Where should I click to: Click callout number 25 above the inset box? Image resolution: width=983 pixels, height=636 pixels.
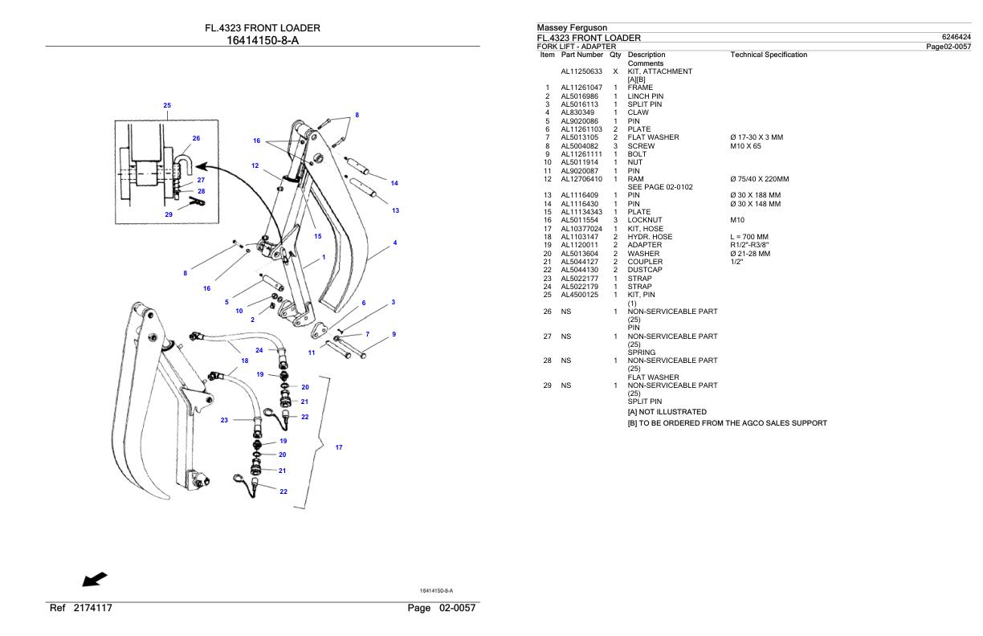coord(167,105)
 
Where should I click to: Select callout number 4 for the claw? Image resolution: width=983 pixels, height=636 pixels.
coord(394,243)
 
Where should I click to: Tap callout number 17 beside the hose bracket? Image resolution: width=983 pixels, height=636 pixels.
coord(338,447)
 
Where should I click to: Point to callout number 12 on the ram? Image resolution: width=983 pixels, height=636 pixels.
coord(255,165)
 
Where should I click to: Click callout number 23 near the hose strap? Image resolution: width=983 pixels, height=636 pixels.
coord(225,420)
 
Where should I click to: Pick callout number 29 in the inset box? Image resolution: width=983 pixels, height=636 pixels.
coord(169,214)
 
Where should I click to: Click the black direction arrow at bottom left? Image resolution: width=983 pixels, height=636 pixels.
coord(95,578)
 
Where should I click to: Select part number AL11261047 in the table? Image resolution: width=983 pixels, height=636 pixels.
coord(581,88)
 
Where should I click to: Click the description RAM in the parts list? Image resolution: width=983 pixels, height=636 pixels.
coord(635,179)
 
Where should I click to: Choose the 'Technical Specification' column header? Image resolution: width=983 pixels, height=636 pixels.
coord(769,55)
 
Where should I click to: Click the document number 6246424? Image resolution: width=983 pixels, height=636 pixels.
coord(955,38)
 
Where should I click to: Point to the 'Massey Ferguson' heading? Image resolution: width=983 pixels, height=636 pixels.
coord(573,29)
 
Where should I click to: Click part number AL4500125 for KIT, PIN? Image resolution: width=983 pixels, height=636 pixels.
coord(578,295)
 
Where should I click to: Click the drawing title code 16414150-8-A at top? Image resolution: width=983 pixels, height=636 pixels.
coord(262,40)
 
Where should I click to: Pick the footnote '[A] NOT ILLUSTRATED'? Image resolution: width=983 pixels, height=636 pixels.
coord(667,412)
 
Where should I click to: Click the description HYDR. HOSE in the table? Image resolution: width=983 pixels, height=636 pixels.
coord(650,237)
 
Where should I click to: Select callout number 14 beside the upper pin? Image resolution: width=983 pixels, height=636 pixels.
coord(394,183)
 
